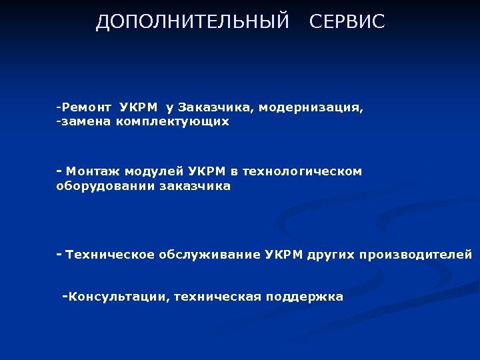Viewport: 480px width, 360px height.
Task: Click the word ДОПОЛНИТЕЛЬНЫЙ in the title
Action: (193, 22)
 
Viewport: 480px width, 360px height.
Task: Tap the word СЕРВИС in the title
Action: (347, 22)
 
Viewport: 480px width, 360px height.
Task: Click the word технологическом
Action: (302, 171)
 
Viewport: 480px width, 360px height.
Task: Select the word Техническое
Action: (110, 255)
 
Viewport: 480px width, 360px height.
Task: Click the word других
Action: (331, 255)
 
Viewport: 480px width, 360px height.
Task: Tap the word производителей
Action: (416, 255)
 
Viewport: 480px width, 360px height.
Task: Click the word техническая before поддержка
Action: (217, 297)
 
